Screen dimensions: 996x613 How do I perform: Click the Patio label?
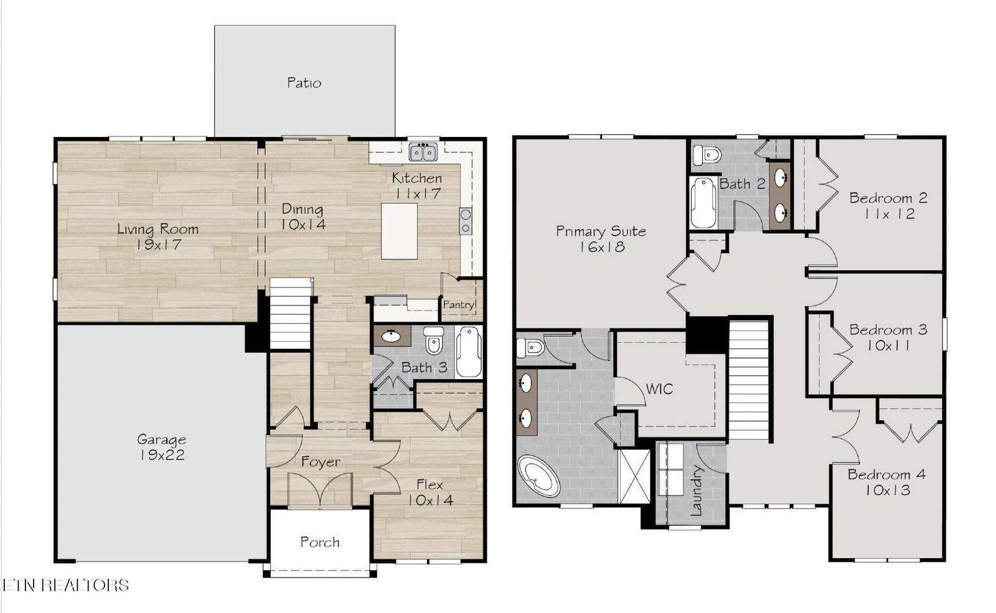304,83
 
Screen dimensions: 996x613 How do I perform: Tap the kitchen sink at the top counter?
423,152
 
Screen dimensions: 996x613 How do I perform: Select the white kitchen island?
399,231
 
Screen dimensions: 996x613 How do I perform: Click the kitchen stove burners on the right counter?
466,222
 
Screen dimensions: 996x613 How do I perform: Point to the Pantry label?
458,304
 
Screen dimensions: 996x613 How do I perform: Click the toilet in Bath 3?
433,340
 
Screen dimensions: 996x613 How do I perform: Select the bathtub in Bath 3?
469,352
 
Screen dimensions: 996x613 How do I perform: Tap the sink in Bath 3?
392,336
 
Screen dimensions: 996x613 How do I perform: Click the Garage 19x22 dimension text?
162,455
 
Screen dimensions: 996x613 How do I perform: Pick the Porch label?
320,542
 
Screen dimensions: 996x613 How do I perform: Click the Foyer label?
321,462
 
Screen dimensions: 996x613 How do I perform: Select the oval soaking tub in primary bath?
539,475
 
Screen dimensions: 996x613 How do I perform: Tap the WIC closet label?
659,389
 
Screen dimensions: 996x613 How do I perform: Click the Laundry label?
696,490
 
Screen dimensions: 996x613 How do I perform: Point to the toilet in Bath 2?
707,155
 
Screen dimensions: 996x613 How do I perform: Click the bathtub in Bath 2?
703,203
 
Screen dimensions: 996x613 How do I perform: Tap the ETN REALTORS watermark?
66,585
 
